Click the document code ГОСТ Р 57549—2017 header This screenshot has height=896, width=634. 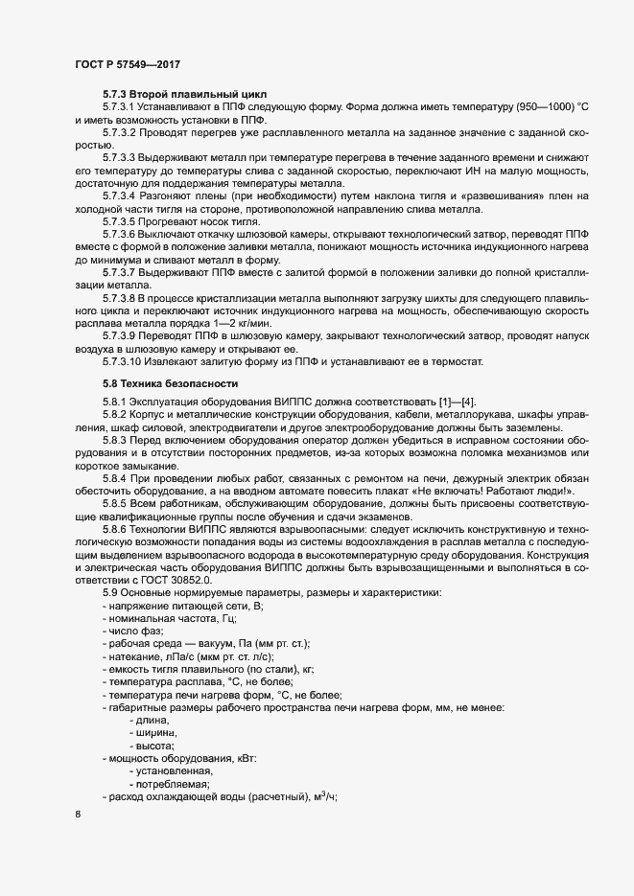coord(127,64)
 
